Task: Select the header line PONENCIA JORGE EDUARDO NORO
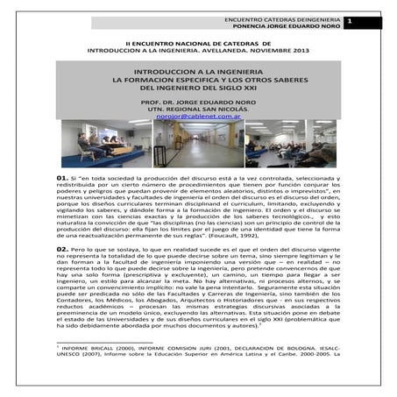point(282,27)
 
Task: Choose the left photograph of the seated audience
point(106,143)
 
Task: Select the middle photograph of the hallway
point(198,143)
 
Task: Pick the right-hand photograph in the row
point(289,143)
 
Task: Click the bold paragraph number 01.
point(62,179)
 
